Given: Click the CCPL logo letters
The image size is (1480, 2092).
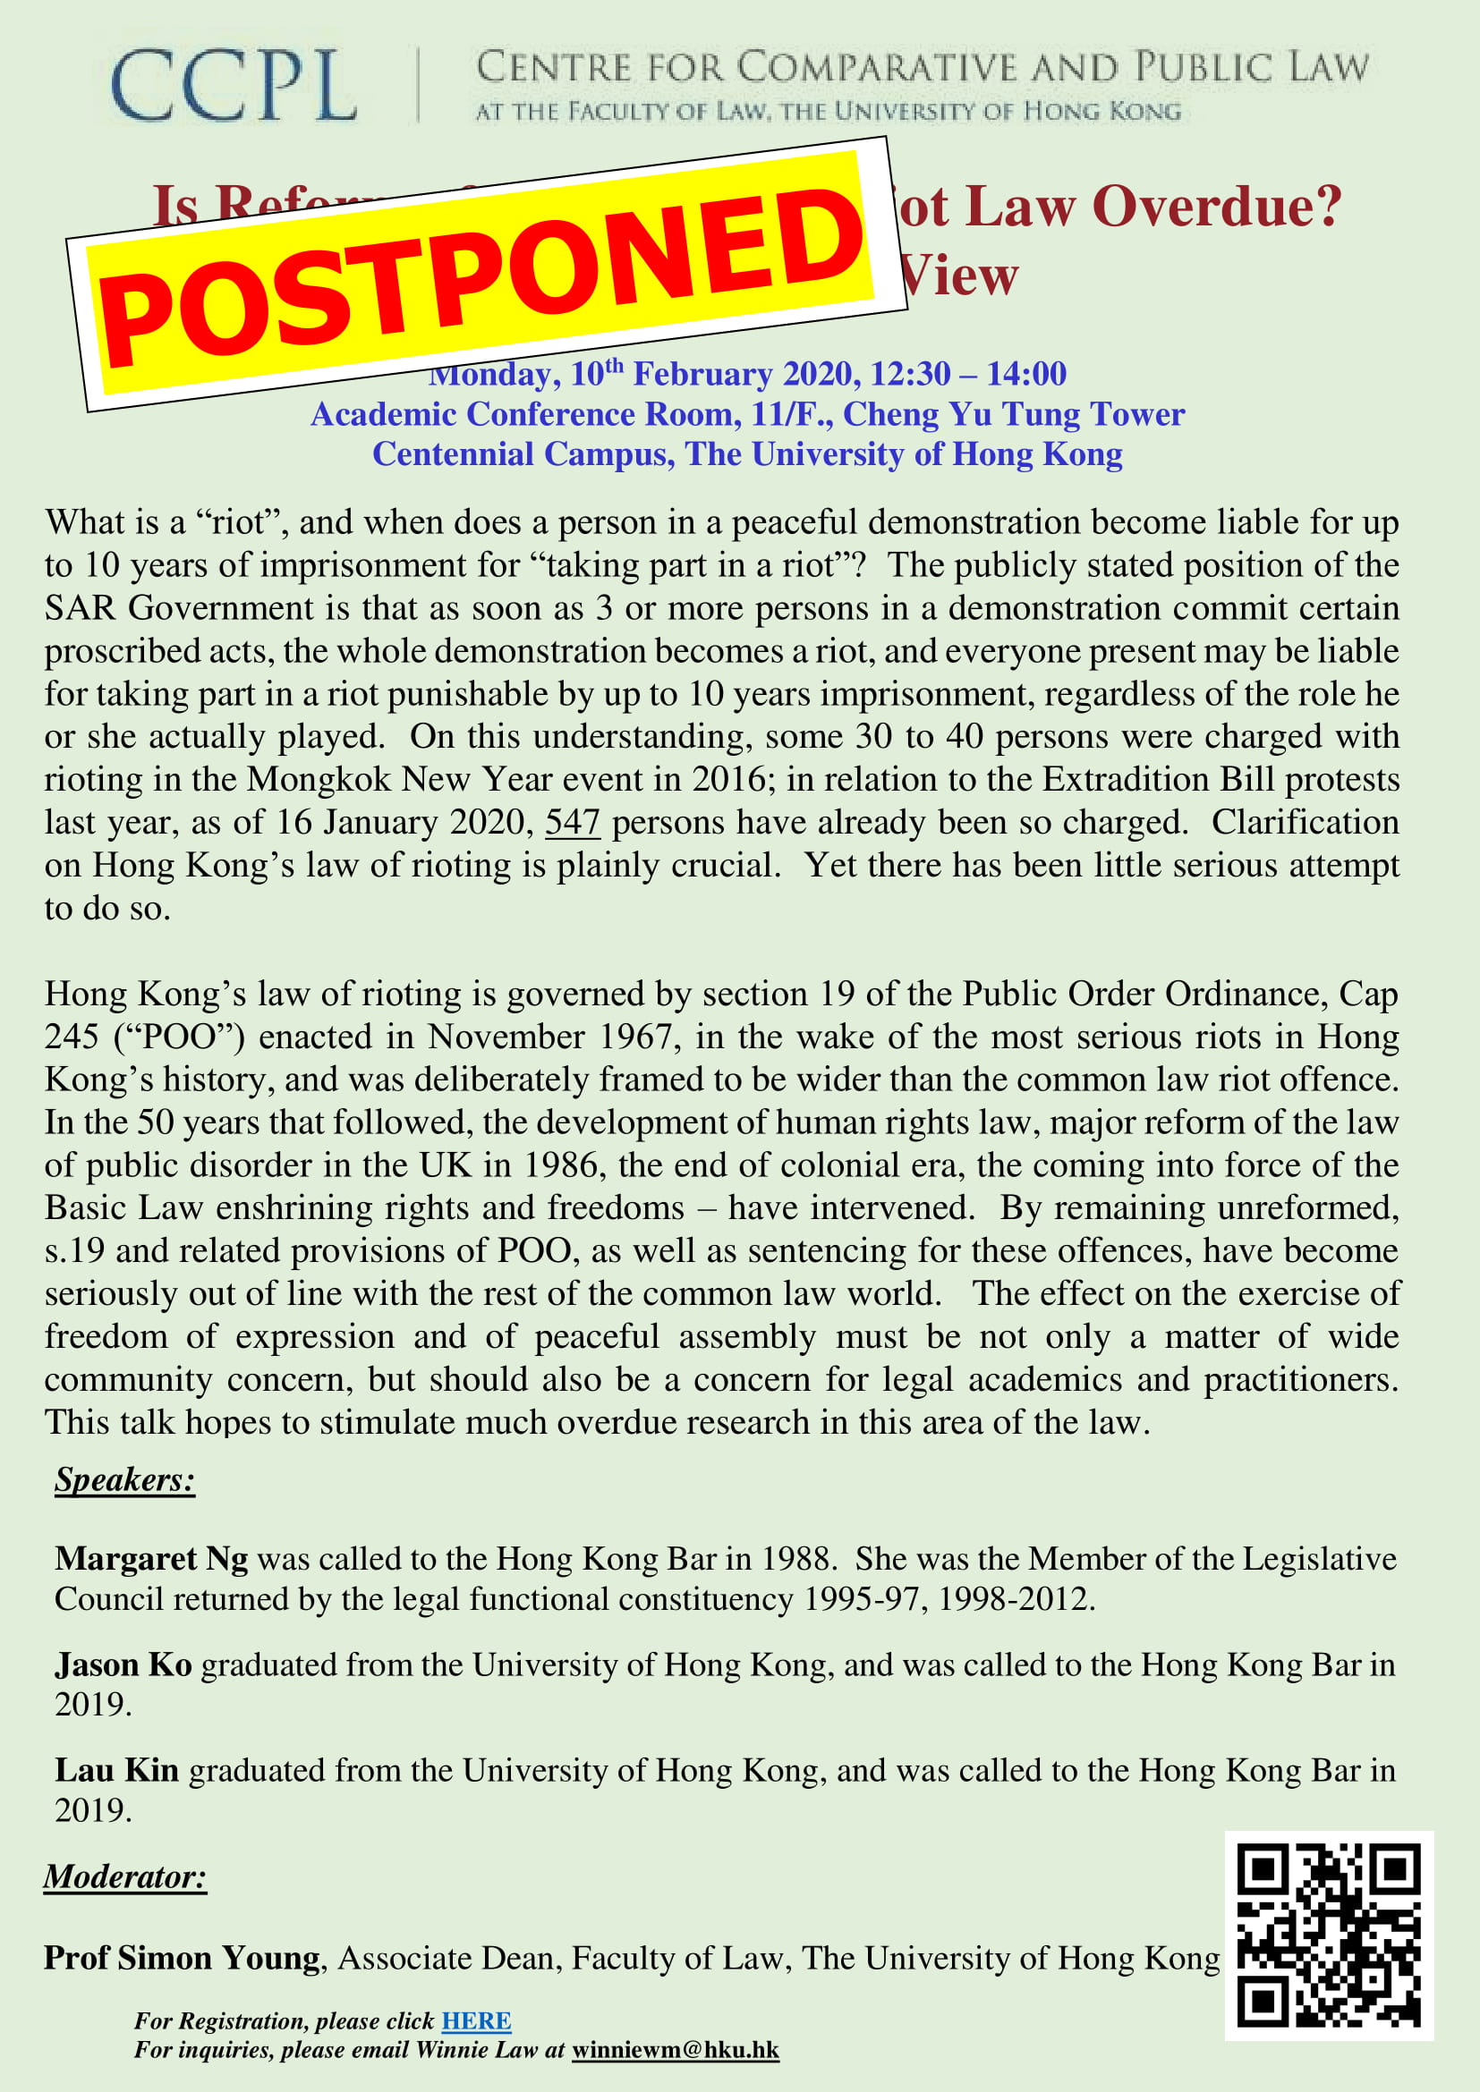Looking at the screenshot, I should [x=234, y=87].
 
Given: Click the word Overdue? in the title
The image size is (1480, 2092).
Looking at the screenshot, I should [x=1217, y=206].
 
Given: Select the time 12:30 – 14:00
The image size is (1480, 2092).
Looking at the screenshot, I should [x=968, y=374].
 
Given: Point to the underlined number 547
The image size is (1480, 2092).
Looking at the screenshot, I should [x=573, y=822].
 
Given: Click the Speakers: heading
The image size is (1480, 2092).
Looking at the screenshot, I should [x=125, y=1479].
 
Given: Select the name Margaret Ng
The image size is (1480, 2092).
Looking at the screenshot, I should [x=151, y=1559].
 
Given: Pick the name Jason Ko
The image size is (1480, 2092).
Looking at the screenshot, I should [x=123, y=1664].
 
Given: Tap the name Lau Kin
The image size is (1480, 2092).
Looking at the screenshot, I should [x=116, y=1769].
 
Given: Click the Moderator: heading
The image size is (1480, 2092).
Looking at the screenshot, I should [x=125, y=1877].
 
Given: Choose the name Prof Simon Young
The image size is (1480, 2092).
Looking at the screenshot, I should [x=183, y=1957].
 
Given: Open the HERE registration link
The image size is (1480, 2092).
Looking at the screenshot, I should [x=476, y=2021].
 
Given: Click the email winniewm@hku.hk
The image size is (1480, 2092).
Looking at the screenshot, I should [x=676, y=2050].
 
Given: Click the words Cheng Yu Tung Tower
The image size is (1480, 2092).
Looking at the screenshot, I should [x=1014, y=415].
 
